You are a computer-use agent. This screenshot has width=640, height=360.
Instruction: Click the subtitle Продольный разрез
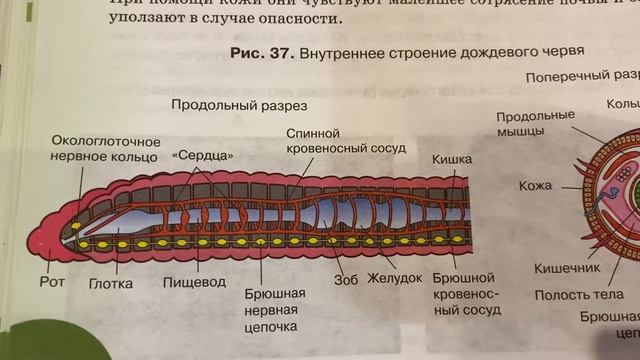(x=238, y=105)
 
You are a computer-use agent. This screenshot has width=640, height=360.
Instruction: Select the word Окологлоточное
(x=105, y=140)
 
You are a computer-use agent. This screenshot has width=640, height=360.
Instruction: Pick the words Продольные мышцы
(x=534, y=123)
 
